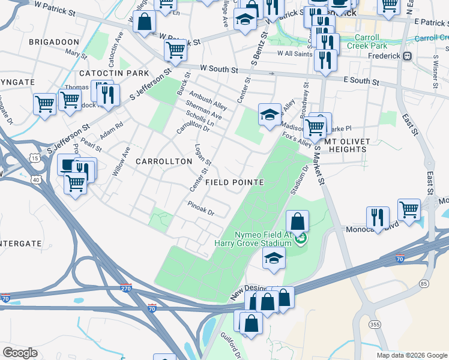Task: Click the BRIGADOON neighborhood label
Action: click(53, 41)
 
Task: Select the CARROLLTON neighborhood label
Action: click(158, 161)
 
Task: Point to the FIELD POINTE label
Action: click(235, 181)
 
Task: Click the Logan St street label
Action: click(203, 154)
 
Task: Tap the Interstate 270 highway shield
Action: click(125, 288)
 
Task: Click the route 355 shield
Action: click(375, 325)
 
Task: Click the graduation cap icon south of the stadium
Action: click(274, 259)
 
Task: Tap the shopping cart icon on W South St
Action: click(175, 52)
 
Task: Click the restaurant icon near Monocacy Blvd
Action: click(378, 217)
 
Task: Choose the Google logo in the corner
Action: click(20, 353)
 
